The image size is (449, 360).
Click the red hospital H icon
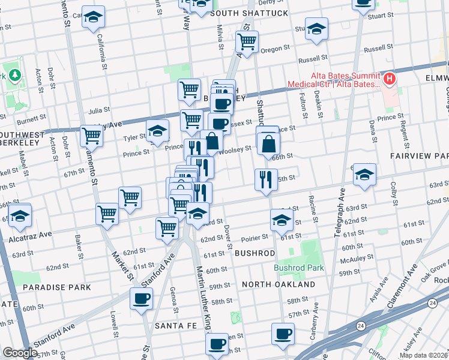click(x=390, y=78)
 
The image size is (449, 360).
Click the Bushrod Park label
click(x=299, y=268)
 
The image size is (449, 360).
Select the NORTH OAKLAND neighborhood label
click(x=279, y=284)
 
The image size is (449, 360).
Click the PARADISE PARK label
click(x=56, y=287)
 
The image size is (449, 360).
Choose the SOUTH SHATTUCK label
click(x=249, y=13)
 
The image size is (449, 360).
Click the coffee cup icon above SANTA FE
click(x=141, y=298)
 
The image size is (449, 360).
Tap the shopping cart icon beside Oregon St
click(x=247, y=41)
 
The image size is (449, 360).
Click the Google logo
click(x=19, y=353)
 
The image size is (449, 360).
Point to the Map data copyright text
click(x=424, y=355)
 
